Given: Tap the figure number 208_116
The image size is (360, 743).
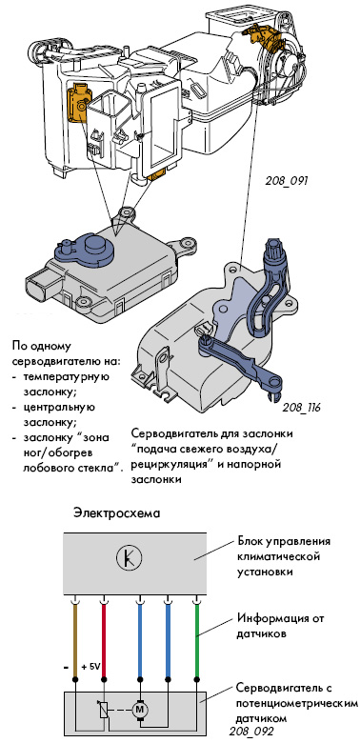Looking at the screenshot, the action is point(301,408).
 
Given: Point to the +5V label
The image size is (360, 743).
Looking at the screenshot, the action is point(90,667).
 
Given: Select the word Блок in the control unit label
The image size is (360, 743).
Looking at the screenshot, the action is point(248,542).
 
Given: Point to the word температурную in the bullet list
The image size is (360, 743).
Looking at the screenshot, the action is point(66,377).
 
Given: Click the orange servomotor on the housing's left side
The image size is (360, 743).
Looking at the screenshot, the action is point(79,103).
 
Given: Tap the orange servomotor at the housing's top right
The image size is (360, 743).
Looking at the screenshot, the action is point(263,35).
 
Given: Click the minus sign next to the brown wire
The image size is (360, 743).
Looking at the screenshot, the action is point(66,667).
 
